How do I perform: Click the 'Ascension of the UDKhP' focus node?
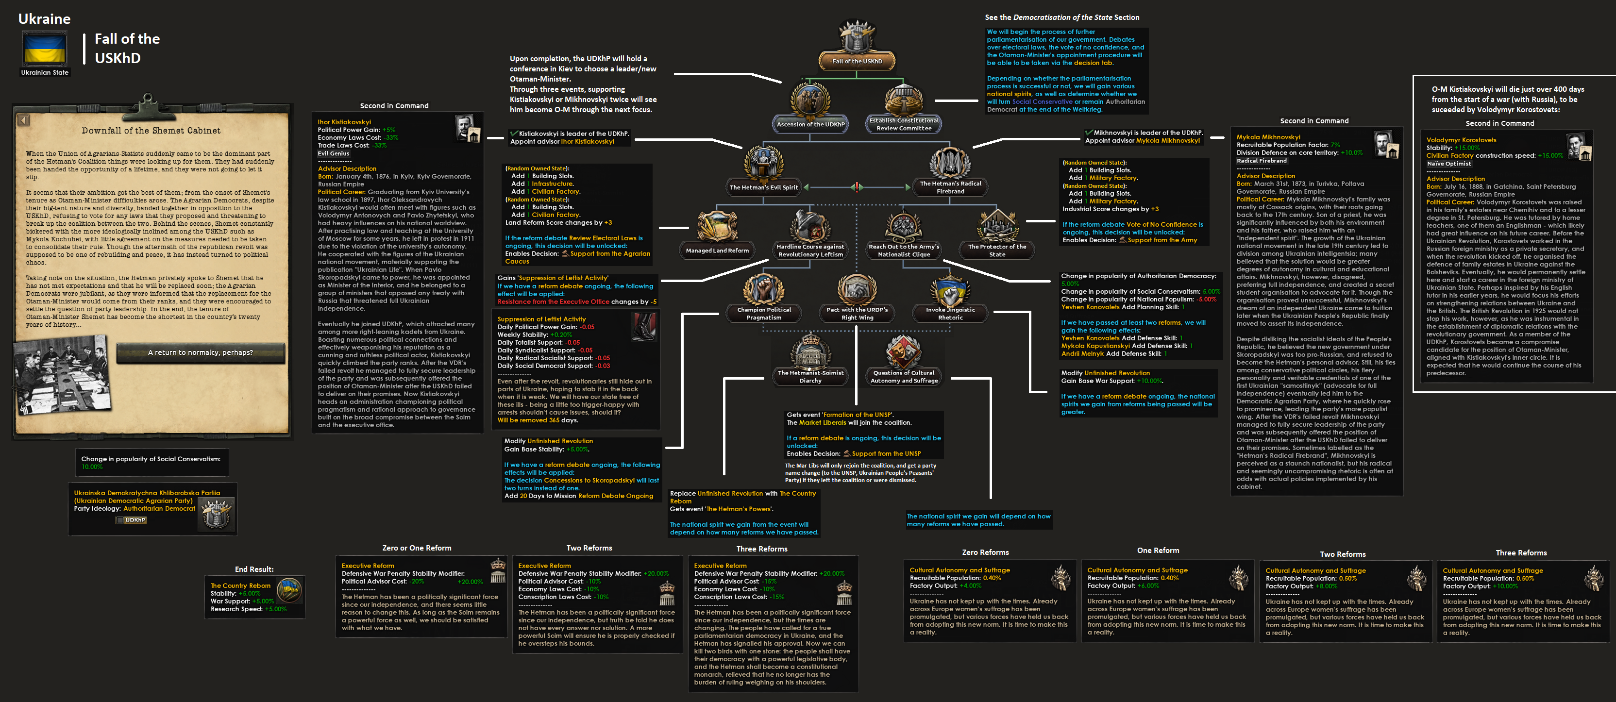pyautogui.click(x=810, y=107)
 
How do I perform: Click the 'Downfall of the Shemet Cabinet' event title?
pyautogui.click(x=151, y=131)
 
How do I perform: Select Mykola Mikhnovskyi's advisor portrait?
pyautogui.click(x=1384, y=144)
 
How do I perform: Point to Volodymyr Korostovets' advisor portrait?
pyautogui.click(x=1578, y=148)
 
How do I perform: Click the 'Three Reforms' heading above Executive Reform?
pyautogui.click(x=761, y=549)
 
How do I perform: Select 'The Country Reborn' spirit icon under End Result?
pyautogui.click(x=289, y=590)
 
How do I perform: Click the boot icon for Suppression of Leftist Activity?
pyautogui.click(x=644, y=327)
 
